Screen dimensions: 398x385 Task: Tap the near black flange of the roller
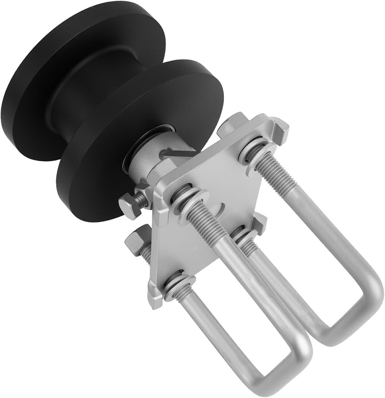pyautogui.click(x=99, y=187)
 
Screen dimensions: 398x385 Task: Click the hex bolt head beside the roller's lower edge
pyautogui.click(x=129, y=205)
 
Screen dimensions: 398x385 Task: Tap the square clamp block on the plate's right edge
pyautogui.click(x=259, y=223)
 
